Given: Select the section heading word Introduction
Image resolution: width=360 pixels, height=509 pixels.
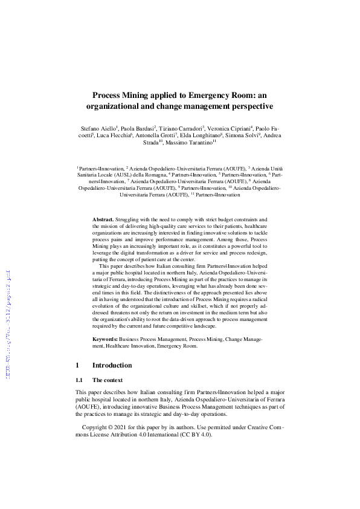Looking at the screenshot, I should pyautogui.click(x=112, y=366).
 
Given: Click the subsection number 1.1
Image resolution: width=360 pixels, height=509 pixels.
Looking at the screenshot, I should pyautogui.click(x=79, y=380).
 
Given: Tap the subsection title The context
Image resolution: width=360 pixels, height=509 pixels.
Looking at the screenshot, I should pyautogui.click(x=108, y=380).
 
